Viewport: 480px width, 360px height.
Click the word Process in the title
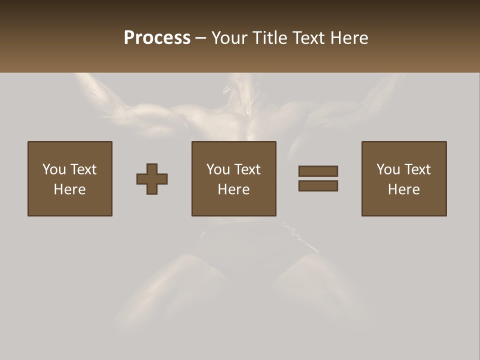coord(157,38)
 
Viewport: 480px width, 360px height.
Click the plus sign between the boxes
coord(152,179)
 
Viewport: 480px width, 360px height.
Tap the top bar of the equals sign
coord(318,171)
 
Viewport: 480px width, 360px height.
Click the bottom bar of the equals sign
coord(318,186)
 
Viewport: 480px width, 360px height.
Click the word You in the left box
coord(54,169)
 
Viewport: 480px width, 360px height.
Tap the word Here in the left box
coord(70,189)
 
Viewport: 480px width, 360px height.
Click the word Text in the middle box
coord(247,169)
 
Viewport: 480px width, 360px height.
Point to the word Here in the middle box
coord(234,189)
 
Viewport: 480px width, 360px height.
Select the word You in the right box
coord(388,169)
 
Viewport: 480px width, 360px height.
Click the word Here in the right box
coord(404,189)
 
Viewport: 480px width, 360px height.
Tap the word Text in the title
coord(307,38)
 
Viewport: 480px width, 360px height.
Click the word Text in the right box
coord(417,169)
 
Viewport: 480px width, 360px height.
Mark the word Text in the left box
coord(83,169)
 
